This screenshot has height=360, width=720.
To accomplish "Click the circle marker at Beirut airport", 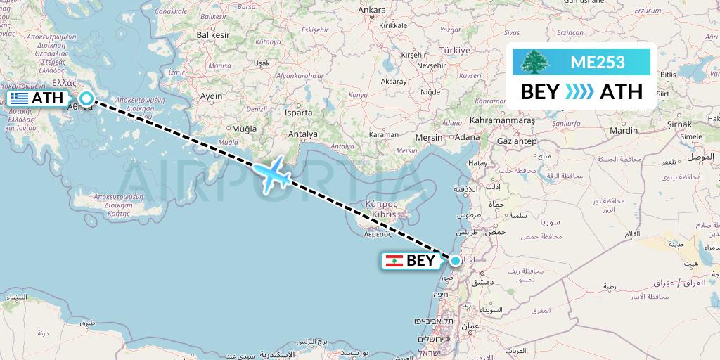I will click(x=456, y=261).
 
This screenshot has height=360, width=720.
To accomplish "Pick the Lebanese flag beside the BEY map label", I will click(x=394, y=261).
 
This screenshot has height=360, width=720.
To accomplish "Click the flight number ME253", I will click(x=597, y=62).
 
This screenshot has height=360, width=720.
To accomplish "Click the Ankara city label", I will click(x=372, y=10).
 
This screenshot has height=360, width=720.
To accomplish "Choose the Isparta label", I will click(x=297, y=112).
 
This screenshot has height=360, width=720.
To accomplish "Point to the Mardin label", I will click(x=624, y=130).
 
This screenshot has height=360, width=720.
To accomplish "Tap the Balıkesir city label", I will click(x=214, y=34).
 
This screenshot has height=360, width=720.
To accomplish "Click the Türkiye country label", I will click(x=454, y=51).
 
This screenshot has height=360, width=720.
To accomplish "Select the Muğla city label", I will click(x=244, y=129).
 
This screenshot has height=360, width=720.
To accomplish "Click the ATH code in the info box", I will click(x=621, y=91).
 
